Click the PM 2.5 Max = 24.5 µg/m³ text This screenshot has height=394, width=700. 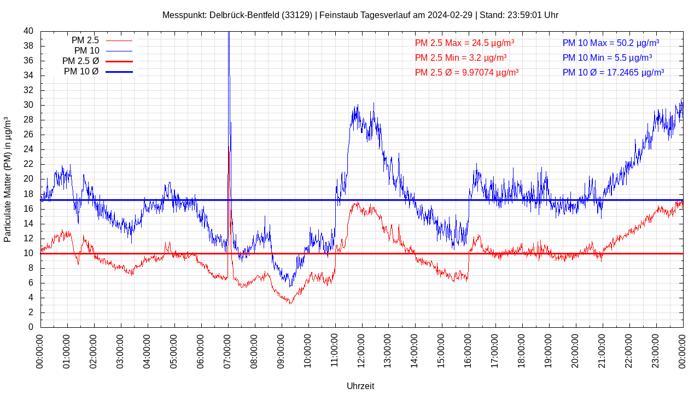point(464,43)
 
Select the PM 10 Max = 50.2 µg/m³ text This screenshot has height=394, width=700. point(610,43)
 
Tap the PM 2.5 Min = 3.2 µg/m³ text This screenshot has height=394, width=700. point(460,57)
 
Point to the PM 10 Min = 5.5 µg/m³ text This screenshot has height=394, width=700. point(607,57)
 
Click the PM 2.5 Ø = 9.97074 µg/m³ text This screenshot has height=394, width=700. point(466,72)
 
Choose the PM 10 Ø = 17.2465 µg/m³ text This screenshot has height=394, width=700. point(613,72)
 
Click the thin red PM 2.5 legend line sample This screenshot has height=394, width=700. point(119,40)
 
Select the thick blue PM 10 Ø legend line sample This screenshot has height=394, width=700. point(119,72)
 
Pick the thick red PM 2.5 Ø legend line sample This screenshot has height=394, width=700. point(119,61)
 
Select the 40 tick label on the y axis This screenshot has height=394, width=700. point(28,31)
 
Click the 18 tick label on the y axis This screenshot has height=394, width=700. point(28,194)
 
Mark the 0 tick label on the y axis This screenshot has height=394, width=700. point(31,327)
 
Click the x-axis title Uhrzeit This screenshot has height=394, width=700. point(360,386)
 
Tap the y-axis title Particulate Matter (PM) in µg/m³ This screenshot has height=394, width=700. point(8,179)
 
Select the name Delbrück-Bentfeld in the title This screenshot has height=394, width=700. point(244,15)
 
